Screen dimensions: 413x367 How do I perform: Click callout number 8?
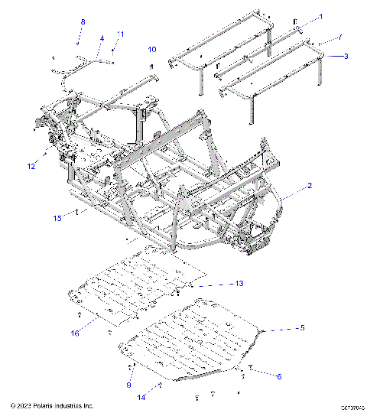pos(83,21)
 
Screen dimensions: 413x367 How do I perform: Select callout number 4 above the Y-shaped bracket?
pos(101,37)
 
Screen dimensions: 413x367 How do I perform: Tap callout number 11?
pos(120,34)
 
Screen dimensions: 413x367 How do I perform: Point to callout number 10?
pos(152,50)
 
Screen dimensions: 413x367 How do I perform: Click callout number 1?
pos(321,16)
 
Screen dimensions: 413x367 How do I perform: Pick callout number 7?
pos(340,37)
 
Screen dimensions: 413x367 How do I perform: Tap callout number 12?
pos(31,165)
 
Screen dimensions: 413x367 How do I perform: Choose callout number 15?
pos(57,219)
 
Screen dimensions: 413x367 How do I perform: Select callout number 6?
pos(278,376)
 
